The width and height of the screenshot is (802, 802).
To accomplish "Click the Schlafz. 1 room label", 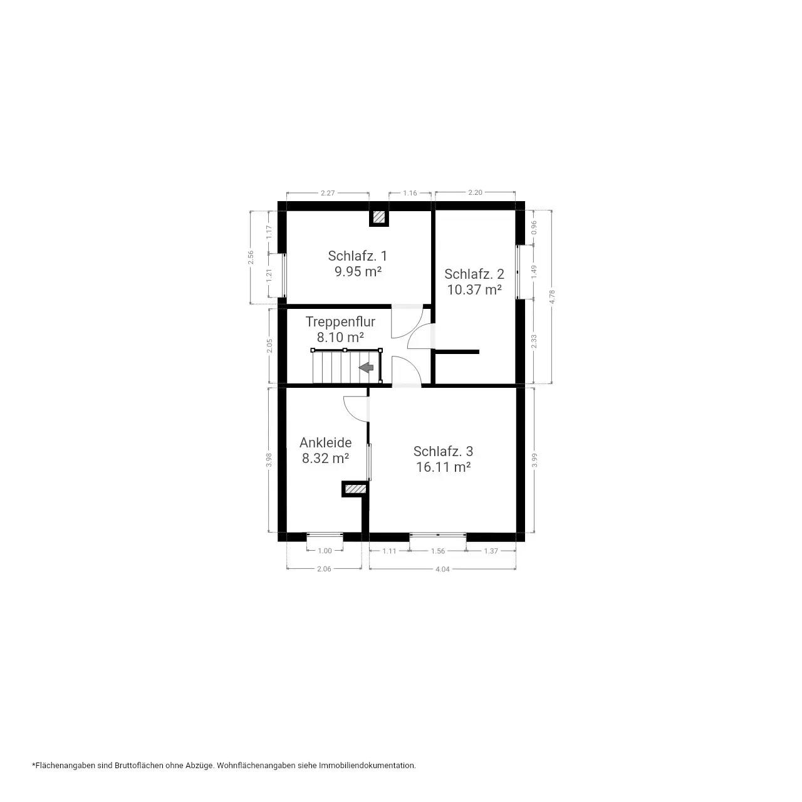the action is [357, 256].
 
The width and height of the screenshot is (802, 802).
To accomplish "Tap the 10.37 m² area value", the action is [474, 289].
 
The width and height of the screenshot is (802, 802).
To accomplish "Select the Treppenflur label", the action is [340, 321].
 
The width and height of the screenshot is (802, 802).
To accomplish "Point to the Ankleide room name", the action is [325, 442].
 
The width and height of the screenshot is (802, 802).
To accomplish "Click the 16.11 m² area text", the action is [443, 467].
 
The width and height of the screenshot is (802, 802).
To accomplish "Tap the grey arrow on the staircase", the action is [367, 368].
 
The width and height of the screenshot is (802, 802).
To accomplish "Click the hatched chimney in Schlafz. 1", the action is [378, 217].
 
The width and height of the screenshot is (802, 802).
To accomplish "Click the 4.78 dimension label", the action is [552, 297].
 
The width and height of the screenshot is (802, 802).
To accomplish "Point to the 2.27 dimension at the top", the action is [328, 193].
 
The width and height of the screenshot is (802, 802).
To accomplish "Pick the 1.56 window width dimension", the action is [438, 551].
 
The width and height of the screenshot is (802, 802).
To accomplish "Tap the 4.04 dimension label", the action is [442, 570].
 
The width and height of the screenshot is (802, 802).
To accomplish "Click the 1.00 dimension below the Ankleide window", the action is [325, 551].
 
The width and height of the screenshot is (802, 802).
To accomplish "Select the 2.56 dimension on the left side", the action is [251, 258].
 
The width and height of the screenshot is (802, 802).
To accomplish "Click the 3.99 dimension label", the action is [534, 461].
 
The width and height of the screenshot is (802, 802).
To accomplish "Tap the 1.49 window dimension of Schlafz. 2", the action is [534, 272].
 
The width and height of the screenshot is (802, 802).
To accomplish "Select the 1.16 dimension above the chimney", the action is [410, 193].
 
